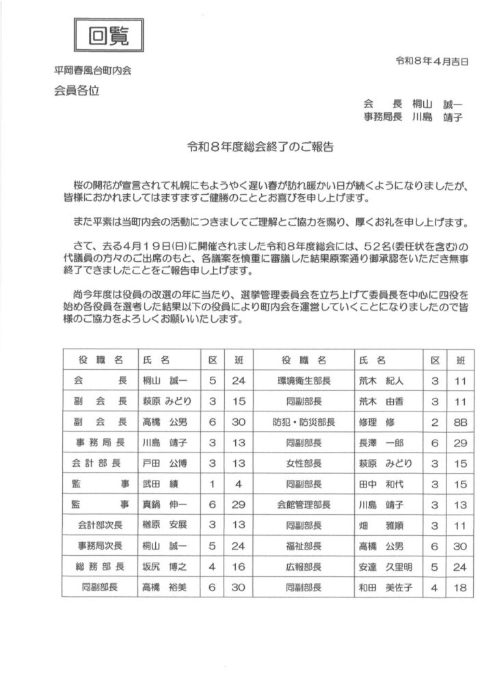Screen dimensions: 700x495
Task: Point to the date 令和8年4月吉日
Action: pyautogui.click(x=432, y=61)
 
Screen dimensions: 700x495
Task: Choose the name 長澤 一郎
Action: pyautogui.click(x=381, y=442)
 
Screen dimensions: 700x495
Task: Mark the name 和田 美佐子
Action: pyautogui.click(x=384, y=587)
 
